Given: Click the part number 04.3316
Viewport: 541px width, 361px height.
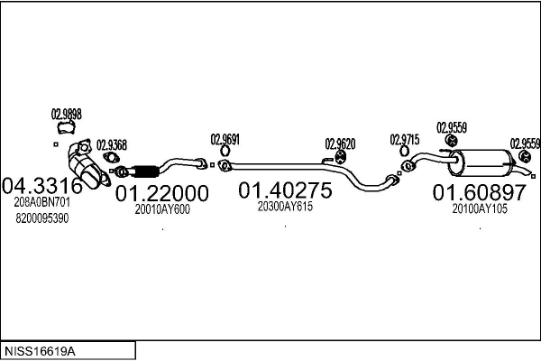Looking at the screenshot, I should point(43,187).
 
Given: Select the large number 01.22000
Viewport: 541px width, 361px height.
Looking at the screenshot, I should point(162,193).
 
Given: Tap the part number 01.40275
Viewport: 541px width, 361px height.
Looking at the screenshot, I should point(285,190).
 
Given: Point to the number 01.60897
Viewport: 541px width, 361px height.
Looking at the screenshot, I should point(479,192).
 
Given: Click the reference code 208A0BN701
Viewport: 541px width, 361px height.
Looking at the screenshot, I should point(42,203).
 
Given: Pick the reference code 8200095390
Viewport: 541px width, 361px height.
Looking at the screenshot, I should point(42,218).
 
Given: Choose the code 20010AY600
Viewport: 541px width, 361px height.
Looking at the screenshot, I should point(162,209).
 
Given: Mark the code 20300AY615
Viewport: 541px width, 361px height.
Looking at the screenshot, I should point(285,207).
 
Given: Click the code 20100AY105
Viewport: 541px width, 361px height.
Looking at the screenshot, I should point(480,208).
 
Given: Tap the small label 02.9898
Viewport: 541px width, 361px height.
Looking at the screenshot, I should point(66,114).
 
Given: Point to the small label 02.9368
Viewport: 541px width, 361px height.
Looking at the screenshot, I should point(112,143).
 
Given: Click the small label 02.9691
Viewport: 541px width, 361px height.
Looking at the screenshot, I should point(225,139).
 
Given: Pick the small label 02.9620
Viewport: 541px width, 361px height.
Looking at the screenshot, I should point(341,143).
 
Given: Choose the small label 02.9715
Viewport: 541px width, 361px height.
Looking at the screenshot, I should point(405,139).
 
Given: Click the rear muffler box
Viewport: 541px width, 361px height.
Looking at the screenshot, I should point(481,162).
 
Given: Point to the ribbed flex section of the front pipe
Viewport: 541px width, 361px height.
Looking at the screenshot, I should point(144,170).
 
